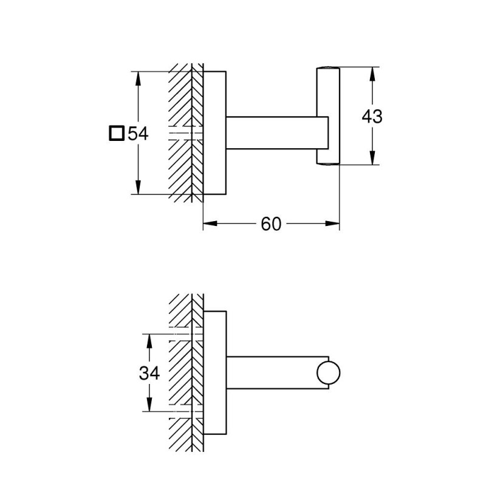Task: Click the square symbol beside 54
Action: [117, 133]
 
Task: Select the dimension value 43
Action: [371, 116]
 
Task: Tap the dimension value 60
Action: [271, 224]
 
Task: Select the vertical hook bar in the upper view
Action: [327, 115]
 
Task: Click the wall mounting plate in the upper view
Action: [214, 134]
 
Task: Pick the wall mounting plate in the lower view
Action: [214, 374]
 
